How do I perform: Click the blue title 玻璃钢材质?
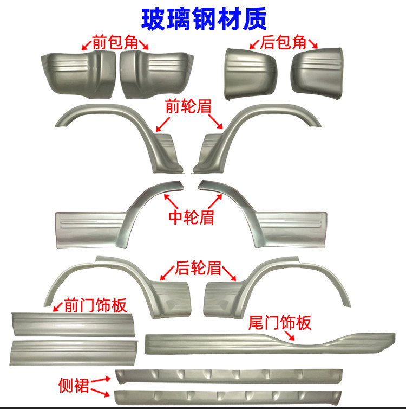pyautogui.click(x=204, y=19)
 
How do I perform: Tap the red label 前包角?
pyautogui.click(x=115, y=43)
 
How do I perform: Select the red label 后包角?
pyautogui.click(x=284, y=42)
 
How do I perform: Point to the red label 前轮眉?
pyautogui.click(x=188, y=107)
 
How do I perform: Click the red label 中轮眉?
pyautogui.click(x=191, y=216)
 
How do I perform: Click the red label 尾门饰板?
pyautogui.click(x=280, y=323)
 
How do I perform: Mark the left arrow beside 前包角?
pyautogui.click(x=87, y=45)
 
